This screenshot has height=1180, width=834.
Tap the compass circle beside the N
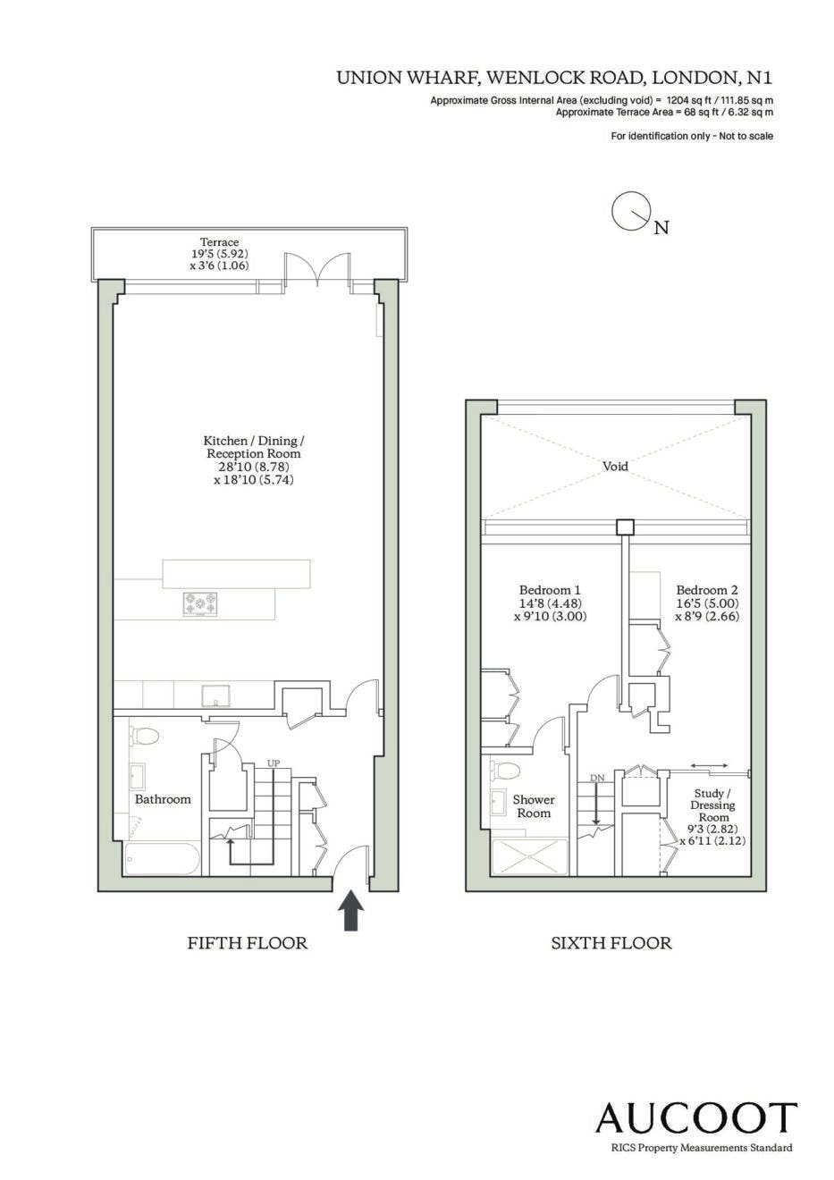[x=629, y=210]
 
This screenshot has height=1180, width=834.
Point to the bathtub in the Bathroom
[x=163, y=859]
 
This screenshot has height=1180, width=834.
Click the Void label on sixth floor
[x=615, y=467]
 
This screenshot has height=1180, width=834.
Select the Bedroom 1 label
[x=550, y=590]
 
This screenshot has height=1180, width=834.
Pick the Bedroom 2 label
[x=707, y=590]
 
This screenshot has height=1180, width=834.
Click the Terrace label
[x=220, y=242]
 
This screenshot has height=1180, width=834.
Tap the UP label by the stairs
[x=274, y=763]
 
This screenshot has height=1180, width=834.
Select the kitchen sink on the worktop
[x=215, y=695]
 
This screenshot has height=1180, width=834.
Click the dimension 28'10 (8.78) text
[x=253, y=467]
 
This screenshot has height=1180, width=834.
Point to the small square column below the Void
[x=626, y=527]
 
